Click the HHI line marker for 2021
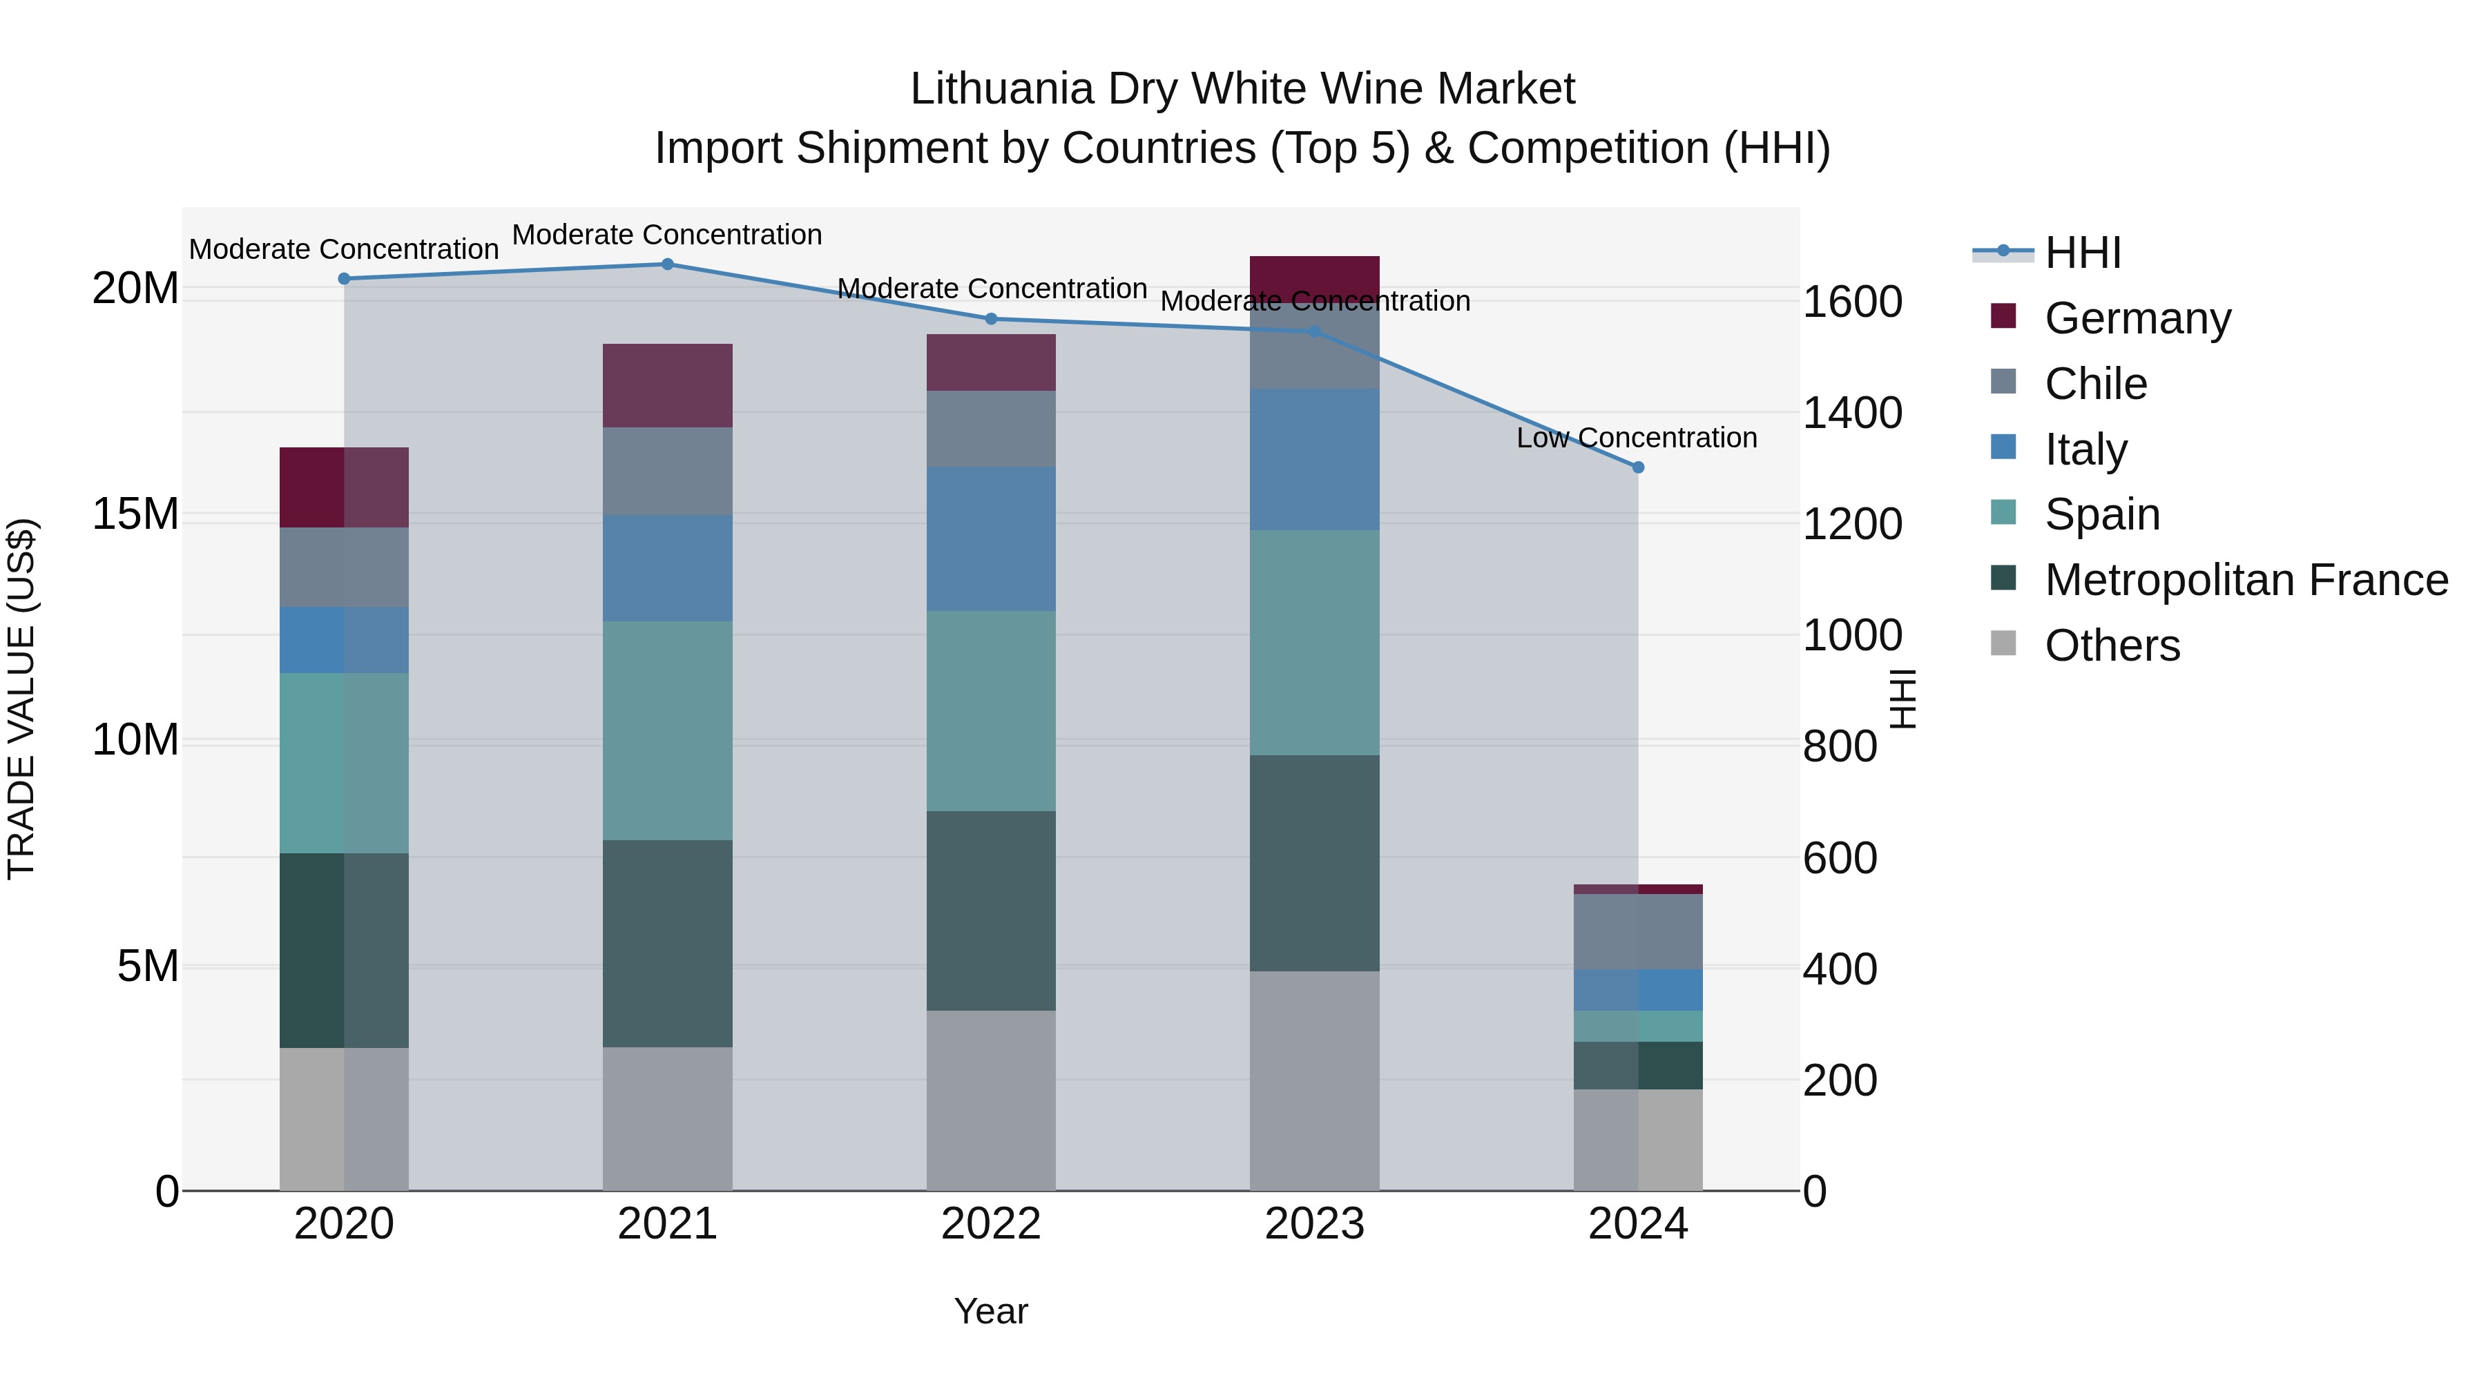click(667, 264)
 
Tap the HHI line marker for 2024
click(1638, 467)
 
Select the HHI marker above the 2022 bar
click(991, 320)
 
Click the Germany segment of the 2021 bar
click(667, 385)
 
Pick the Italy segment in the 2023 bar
click(1314, 459)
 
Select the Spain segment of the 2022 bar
click(991, 710)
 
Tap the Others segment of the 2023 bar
click(1314, 1080)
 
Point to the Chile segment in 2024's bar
click(1638, 931)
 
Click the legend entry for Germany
click(2137, 318)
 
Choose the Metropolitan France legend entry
click(2246, 580)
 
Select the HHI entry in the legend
click(2081, 253)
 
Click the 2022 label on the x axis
click(991, 1224)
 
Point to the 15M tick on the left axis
click(135, 514)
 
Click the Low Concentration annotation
click(1637, 438)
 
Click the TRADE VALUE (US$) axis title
click(21, 699)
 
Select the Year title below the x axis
click(991, 1311)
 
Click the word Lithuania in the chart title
click(1003, 89)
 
